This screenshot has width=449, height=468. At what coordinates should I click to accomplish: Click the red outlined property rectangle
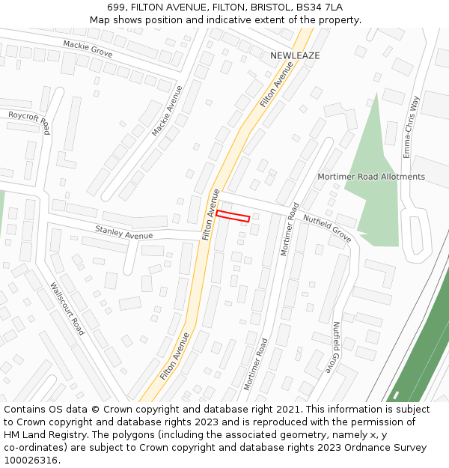coord(233,216)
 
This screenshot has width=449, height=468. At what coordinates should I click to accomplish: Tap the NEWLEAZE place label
coord(295,56)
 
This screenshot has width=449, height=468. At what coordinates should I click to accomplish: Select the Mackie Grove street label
coord(88,49)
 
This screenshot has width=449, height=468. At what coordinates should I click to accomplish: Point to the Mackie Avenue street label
coord(168,112)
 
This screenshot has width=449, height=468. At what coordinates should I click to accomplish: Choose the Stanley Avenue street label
coord(123,231)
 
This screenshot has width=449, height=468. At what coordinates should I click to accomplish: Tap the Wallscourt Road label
coord(67,308)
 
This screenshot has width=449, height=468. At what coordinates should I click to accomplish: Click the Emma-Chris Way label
coord(412,126)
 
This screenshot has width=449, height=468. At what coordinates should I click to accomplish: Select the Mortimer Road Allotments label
coord(371,177)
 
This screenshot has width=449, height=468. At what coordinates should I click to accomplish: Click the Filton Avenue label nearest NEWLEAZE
coord(276,85)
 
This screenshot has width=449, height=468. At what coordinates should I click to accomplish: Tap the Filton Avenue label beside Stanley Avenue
coord(210,215)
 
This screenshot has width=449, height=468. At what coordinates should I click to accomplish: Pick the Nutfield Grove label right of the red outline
coord(327,228)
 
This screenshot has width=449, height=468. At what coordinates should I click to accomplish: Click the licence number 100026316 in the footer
coord(31,461)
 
